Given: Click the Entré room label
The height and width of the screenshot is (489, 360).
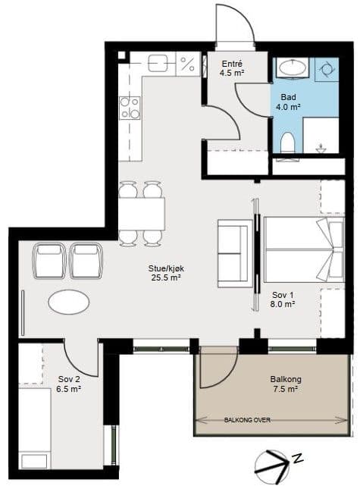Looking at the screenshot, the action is point(232,64).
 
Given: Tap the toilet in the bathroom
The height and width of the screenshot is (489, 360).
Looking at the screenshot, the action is point(287,143).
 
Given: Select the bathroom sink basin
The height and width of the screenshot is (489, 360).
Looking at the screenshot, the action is point(292,67).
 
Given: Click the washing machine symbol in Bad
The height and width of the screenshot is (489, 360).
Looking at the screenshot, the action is point(327,70).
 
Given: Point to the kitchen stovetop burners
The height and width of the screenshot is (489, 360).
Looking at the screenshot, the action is point(130,108).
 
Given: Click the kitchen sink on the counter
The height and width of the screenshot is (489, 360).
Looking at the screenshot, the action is point(158,64).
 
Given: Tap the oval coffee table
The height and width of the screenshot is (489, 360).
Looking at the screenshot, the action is point(69,302).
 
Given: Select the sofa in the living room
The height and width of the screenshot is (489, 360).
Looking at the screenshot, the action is point(235,253).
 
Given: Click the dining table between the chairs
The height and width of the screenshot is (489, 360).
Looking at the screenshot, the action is point(142,214).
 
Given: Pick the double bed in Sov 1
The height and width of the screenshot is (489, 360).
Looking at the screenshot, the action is point(304,249).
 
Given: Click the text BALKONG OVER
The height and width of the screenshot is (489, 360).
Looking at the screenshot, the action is point(247,420).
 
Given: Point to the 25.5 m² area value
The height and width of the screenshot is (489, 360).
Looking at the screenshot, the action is point(166,277).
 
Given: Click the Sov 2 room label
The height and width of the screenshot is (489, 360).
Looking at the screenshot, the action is point(69,379).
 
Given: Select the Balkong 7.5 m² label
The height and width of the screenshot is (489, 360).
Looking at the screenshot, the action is point(286,384).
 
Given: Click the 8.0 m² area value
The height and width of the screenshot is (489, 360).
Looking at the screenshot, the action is point(283,304).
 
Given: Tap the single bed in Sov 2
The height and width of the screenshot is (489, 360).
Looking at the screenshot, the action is point(34,428).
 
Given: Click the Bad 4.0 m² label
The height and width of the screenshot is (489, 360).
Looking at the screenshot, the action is point(288,102).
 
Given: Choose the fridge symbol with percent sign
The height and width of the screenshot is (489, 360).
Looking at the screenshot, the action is point(188,64).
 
